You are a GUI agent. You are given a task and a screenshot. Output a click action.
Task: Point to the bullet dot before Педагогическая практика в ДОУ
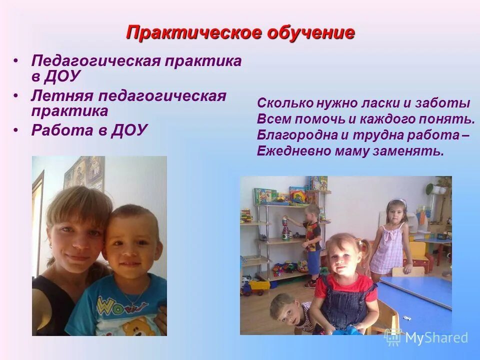click(16, 61)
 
